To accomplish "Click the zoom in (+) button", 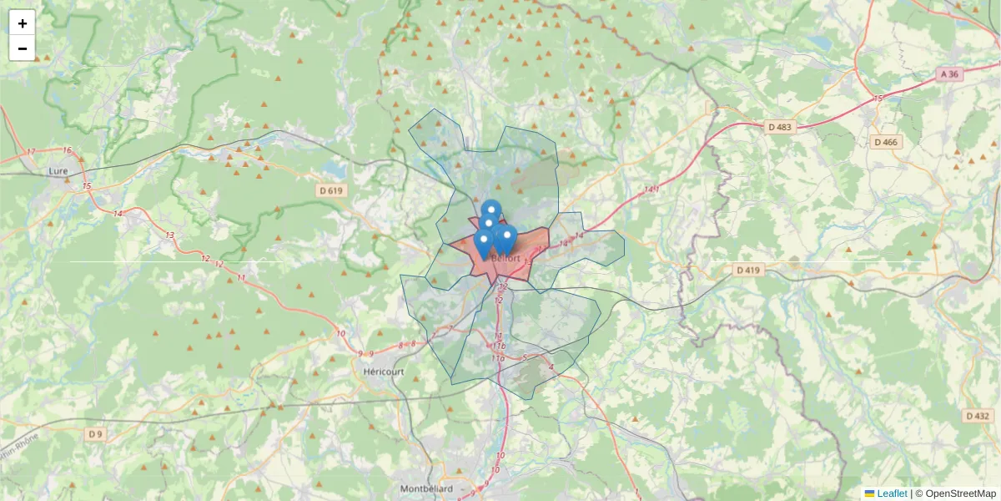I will tap(23, 23).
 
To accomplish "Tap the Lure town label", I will tap(58, 171).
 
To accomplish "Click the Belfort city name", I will tap(506, 258).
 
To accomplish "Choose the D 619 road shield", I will tap(331, 190).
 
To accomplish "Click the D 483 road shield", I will tap(781, 127).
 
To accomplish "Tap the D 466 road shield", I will tap(886, 142).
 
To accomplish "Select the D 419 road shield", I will tap(749, 270).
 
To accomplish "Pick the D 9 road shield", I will tap(97, 433).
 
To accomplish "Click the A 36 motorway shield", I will tap(950, 74).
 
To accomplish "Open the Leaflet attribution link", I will tap(892, 493).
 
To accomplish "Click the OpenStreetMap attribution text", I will tap(960, 493).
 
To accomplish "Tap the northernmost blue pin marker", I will tap(491, 209).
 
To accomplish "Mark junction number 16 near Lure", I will tap(68, 150).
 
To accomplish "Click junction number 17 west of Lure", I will tap(31, 152).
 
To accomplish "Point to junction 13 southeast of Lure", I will tap(170, 235).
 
